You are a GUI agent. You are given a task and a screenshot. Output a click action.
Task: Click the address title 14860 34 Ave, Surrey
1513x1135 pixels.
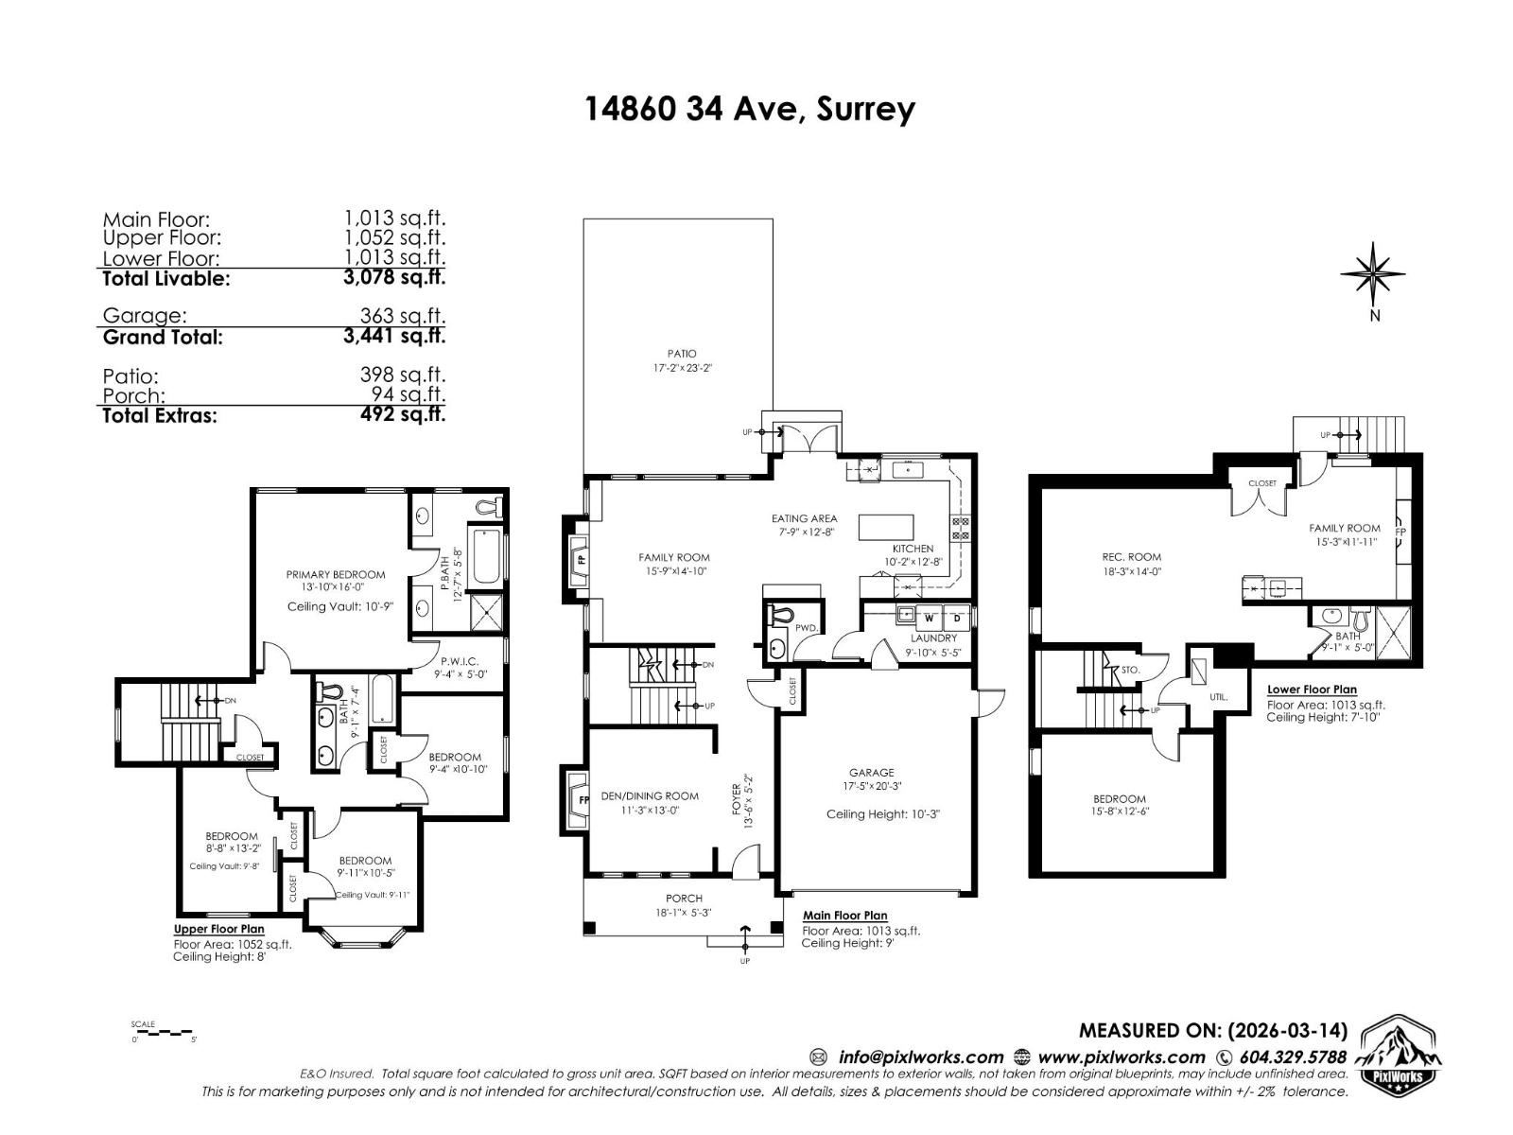750,109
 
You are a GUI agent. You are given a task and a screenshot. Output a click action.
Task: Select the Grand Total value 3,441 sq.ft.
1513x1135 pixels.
394,336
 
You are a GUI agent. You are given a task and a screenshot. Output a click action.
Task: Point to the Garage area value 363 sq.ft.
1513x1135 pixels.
402,316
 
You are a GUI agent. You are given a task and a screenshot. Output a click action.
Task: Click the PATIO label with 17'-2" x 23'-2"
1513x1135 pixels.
681,360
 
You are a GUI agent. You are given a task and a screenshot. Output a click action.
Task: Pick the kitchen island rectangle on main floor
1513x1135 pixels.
886,527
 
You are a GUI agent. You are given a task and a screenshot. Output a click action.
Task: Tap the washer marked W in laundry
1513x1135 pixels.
930,619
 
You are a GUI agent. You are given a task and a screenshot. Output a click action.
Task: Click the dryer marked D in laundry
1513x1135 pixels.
956,619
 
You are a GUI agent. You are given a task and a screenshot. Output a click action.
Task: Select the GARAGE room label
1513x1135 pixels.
871,773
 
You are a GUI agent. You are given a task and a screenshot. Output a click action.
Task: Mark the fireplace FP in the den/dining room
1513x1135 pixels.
577,800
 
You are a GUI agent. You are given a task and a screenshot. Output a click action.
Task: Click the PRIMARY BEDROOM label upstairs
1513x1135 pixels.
336,574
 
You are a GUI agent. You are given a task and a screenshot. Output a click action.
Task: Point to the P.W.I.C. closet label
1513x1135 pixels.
460,662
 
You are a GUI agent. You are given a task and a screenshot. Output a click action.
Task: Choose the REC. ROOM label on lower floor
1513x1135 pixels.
1131,557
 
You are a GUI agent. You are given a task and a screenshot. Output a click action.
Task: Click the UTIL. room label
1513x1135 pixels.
1218,697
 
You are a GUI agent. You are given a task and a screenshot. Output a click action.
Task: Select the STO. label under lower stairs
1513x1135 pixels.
1130,670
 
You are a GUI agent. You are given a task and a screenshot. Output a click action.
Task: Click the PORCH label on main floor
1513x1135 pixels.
684,899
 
